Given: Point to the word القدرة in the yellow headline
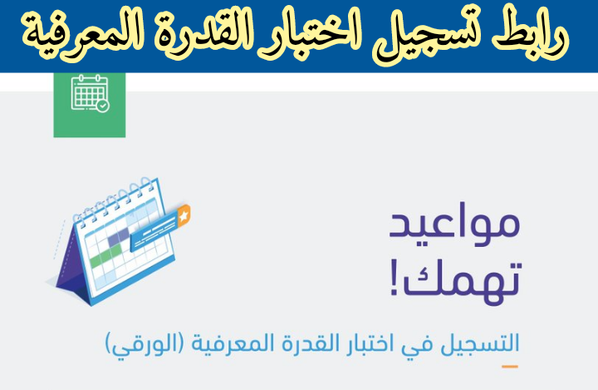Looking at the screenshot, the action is [197, 37].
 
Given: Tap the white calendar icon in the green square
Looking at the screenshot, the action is [90, 93].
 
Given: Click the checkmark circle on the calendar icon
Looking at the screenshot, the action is [103, 106].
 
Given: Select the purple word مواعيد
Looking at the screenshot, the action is [454, 225].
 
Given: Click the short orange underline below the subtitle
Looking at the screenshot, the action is [509, 367].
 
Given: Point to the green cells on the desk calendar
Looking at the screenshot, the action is [105, 254].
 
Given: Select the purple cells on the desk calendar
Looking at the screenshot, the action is [119, 237].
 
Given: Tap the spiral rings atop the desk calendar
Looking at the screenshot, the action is [115, 200].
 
